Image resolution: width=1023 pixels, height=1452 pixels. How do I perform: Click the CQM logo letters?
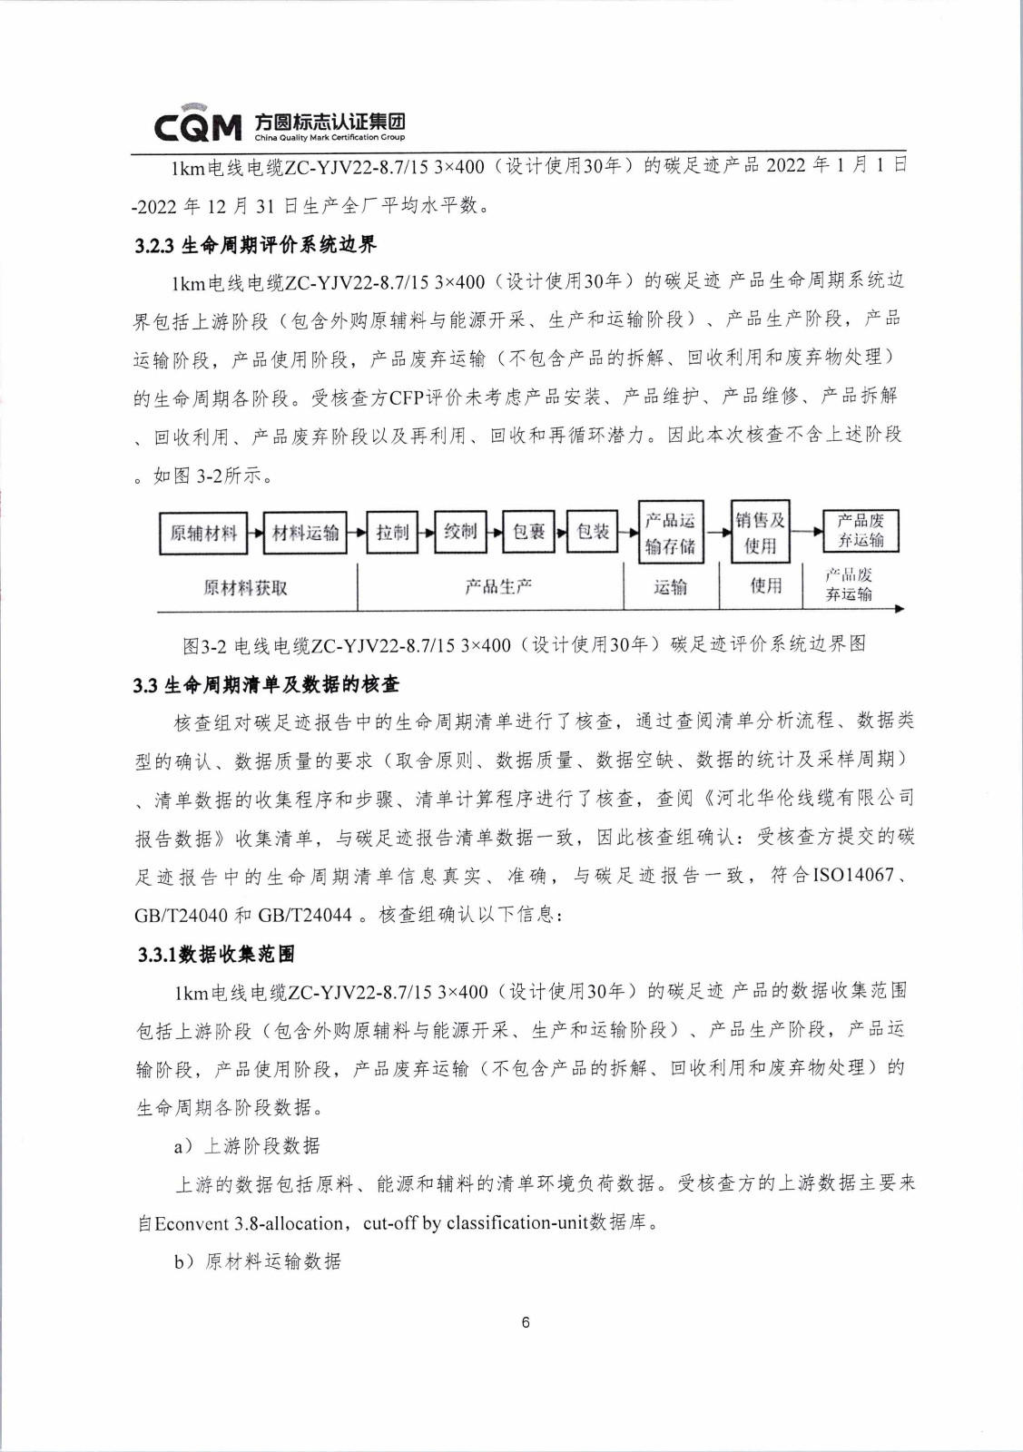pyautogui.click(x=198, y=127)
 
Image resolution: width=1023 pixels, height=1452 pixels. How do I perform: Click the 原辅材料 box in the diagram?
pyautogui.click(x=203, y=533)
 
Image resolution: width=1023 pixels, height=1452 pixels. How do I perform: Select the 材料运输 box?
pyautogui.click(x=305, y=533)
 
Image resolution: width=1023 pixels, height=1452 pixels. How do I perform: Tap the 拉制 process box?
pyautogui.click(x=392, y=533)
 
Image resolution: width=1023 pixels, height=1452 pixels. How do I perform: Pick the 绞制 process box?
pyautogui.click(x=460, y=532)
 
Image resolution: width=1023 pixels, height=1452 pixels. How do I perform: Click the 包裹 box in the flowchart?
pyautogui.click(x=528, y=532)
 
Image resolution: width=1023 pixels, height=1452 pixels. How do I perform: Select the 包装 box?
pyautogui.click(x=593, y=532)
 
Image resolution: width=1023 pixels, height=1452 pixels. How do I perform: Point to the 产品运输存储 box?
pyautogui.click(x=670, y=533)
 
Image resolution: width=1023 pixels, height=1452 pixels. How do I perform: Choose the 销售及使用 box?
pyautogui.click(x=760, y=533)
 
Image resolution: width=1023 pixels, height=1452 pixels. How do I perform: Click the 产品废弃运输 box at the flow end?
pyautogui.click(x=861, y=531)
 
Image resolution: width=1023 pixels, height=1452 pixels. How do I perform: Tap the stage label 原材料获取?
pyautogui.click(x=245, y=588)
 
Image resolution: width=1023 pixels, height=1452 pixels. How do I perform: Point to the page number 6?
pyautogui.click(x=526, y=1322)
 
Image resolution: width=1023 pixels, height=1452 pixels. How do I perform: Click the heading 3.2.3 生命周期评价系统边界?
pyautogui.click(x=255, y=245)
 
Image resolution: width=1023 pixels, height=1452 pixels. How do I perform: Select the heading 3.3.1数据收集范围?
pyautogui.click(x=216, y=954)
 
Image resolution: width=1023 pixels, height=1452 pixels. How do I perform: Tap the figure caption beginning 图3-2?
pyautogui.click(x=524, y=644)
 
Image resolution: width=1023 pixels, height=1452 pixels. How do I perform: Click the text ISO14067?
pyautogui.click(x=852, y=876)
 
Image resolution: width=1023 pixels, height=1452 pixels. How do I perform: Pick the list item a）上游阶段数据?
pyautogui.click(x=247, y=1146)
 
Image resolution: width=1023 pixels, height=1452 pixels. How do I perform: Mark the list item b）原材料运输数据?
pyautogui.click(x=258, y=1261)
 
